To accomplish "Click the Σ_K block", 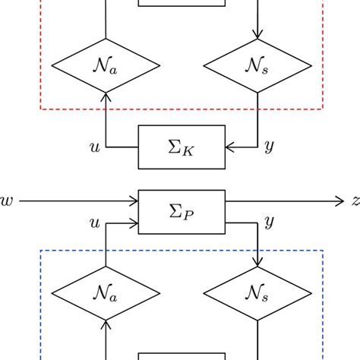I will pos(182,147).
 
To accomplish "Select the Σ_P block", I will pos(182,212).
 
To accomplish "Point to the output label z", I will pos(355,202).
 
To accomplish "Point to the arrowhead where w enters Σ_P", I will pos(134,202).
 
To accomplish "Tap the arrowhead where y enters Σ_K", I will pos(230,147).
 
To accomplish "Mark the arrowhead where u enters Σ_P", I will pos(134,223).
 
